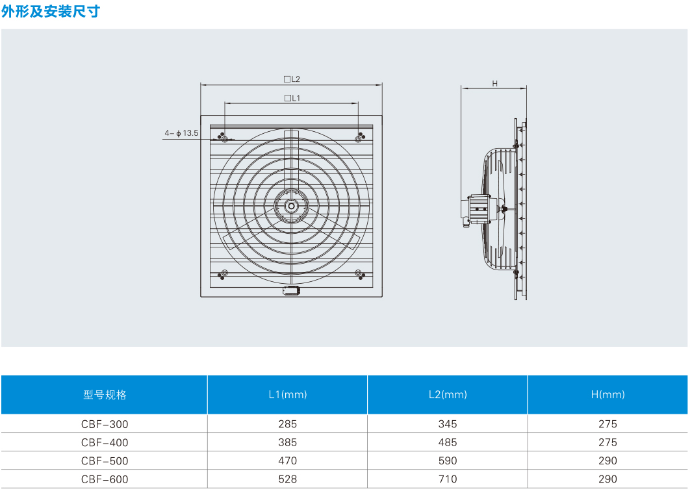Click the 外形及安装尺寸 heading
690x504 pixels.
coord(51,11)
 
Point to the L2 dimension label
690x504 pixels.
coord(292,79)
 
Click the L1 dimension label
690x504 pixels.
coord(292,98)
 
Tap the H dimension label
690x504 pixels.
coord(494,84)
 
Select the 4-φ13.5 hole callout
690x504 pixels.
coord(181,132)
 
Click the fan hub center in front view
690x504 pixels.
coord(291,206)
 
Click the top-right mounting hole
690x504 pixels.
coord(358,140)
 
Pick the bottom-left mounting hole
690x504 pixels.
coord(224,273)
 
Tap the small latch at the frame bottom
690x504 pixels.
coord(291,290)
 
